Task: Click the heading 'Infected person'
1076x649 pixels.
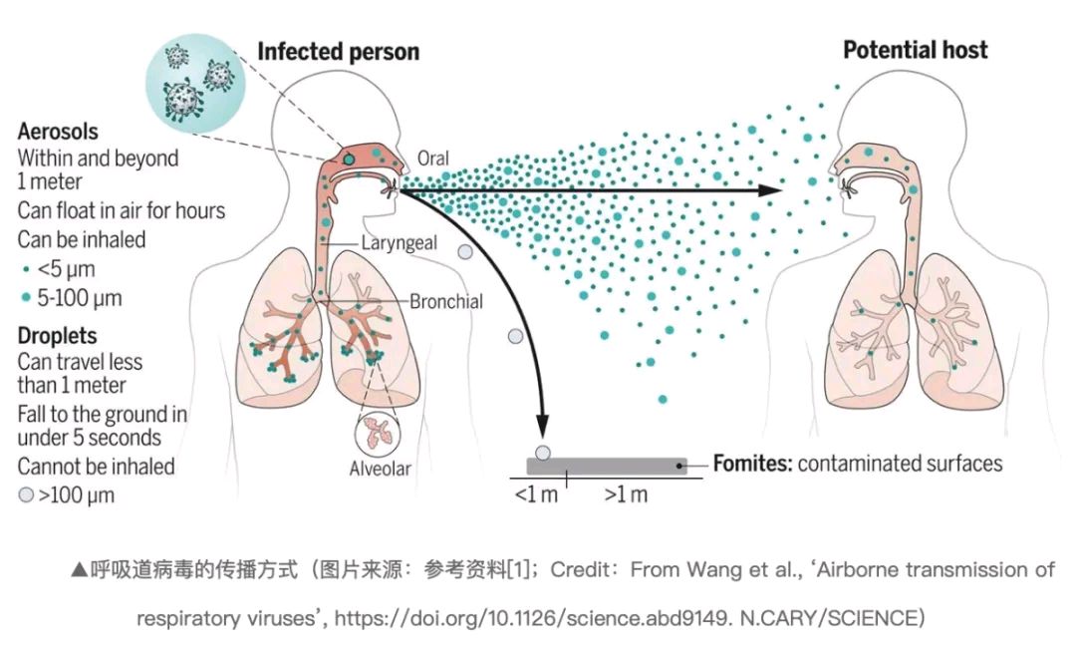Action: [x=339, y=52]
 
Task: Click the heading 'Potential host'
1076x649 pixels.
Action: [x=916, y=50]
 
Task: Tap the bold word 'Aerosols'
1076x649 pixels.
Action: [x=58, y=132]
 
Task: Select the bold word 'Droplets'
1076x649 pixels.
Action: [x=57, y=335]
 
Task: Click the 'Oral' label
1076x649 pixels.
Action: [x=433, y=159]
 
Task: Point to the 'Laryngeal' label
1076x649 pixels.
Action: [x=399, y=243]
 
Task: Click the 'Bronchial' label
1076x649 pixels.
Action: [x=446, y=301]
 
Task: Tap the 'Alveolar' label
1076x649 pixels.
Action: [x=381, y=469]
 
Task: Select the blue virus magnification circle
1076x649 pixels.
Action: [x=195, y=83]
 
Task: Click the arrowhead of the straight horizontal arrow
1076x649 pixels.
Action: [x=771, y=190]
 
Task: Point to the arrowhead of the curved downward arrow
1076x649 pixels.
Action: [x=542, y=426]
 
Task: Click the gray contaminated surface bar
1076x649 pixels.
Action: [x=607, y=467]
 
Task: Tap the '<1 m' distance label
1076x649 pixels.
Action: [x=536, y=494]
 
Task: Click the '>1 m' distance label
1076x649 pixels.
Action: [x=626, y=494]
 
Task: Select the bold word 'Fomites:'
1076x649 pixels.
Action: [x=753, y=464]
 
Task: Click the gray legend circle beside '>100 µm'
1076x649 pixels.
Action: [x=26, y=494]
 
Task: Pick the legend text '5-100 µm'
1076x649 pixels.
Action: [x=80, y=298]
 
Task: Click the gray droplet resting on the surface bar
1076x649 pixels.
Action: [x=543, y=454]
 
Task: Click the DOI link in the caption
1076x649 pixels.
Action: [x=531, y=618]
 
